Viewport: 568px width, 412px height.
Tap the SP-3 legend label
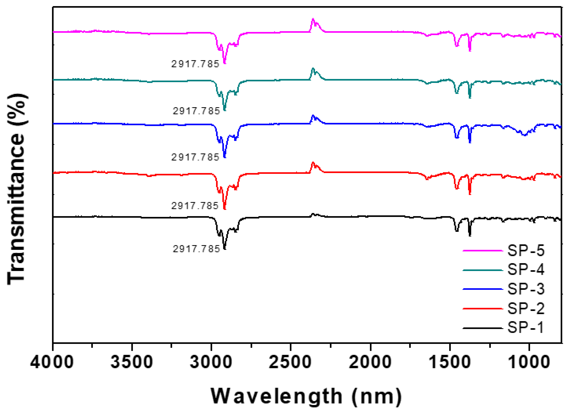pyautogui.click(x=526, y=289)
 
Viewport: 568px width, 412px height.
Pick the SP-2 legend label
pyautogui.click(x=526, y=308)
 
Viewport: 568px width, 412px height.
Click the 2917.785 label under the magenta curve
pyautogui.click(x=195, y=64)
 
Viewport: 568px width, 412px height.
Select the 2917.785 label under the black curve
pyautogui.click(x=196, y=249)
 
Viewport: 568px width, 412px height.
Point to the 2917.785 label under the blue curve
pyautogui.click(x=195, y=157)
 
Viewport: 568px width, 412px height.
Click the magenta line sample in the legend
pyautogui.click(x=482, y=251)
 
